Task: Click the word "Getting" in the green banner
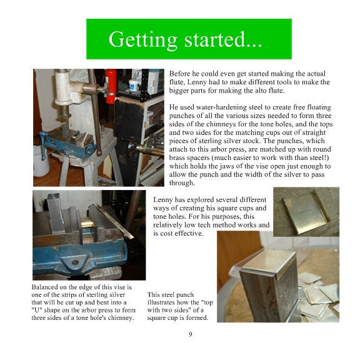coord(142,40)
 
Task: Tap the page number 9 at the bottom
coord(191,334)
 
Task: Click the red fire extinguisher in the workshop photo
coord(111,86)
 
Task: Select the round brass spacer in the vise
coord(87,223)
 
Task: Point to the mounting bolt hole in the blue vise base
coord(75,262)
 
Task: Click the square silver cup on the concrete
coord(306,212)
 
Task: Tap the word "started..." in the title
coord(223,39)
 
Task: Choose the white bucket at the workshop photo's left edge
coord(41,161)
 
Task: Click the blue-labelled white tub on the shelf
coord(134,85)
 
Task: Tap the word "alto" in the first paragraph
coord(262,91)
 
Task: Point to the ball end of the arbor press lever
coord(99,153)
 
